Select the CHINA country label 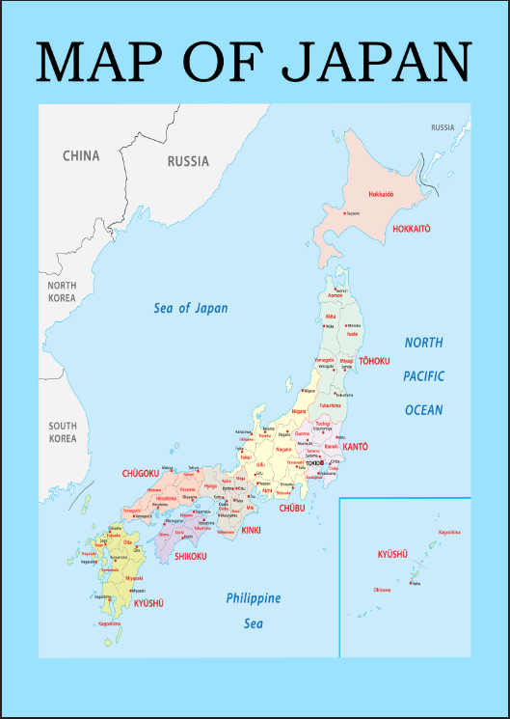(x=81, y=155)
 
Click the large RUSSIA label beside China (x=188, y=161)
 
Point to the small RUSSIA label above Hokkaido (x=443, y=127)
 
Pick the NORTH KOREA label (x=63, y=291)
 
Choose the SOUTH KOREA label (x=63, y=431)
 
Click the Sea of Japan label (x=191, y=309)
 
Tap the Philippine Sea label (x=254, y=610)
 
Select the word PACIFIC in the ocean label (x=423, y=376)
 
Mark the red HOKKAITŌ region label (x=411, y=229)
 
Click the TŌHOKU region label (x=374, y=361)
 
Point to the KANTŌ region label (x=355, y=447)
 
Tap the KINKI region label (x=251, y=531)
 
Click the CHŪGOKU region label (x=140, y=474)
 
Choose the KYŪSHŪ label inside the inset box (x=393, y=554)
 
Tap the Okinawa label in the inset (x=382, y=589)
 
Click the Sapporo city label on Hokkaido (x=353, y=213)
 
